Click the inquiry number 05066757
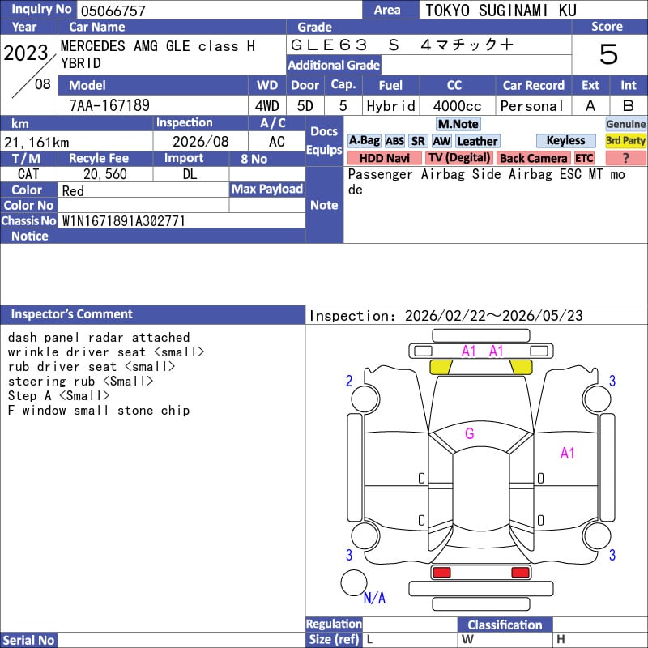pyautogui.click(x=113, y=11)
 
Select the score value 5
pyautogui.click(x=608, y=54)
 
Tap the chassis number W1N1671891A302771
pyautogui.click(x=123, y=221)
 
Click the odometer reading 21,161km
pyautogui.click(x=36, y=143)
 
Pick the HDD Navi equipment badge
pyautogui.click(x=384, y=158)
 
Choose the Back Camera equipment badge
pyautogui.click(x=533, y=158)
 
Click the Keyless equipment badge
pyautogui.click(x=565, y=140)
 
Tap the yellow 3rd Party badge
pyautogui.click(x=625, y=140)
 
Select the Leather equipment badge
pyautogui.click(x=477, y=141)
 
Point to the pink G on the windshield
pyautogui.click(x=470, y=433)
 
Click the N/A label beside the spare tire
pyautogui.click(x=374, y=598)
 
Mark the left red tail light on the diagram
pyautogui.click(x=441, y=573)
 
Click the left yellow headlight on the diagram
pyautogui.click(x=441, y=367)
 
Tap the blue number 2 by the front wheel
pyautogui.click(x=349, y=381)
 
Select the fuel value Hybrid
pyautogui.click(x=390, y=106)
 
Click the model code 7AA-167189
pyautogui.click(x=109, y=105)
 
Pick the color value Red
pyautogui.click(x=73, y=191)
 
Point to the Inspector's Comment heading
pyautogui.click(x=72, y=314)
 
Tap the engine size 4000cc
pyautogui.click(x=457, y=106)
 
